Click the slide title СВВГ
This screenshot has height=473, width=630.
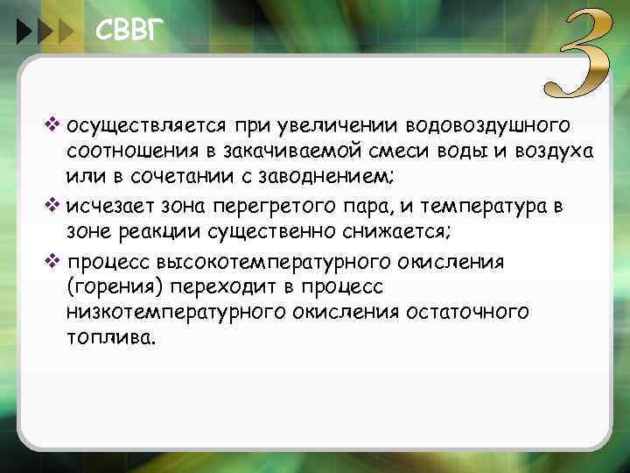(129, 33)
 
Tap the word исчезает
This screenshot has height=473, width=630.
(106, 207)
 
